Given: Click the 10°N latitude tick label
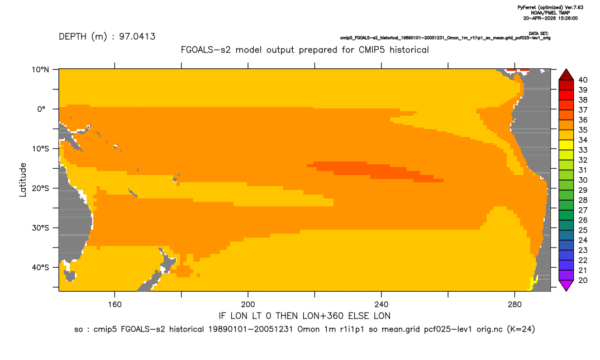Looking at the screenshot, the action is point(40,70).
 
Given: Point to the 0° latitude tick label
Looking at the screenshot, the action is point(42,109).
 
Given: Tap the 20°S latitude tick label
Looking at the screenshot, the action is point(40,188).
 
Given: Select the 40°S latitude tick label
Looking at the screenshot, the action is point(40,267).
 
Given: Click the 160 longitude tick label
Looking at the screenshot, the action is point(115,305).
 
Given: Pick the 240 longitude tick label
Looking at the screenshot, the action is point(382,305).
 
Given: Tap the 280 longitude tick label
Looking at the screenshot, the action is point(515,305).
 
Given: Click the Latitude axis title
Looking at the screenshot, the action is point(23,180).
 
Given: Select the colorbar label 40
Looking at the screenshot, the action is point(583,80).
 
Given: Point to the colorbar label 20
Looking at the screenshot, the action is point(583,280).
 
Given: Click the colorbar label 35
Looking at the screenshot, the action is point(583,130).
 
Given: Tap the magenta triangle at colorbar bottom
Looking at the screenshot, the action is point(566,286).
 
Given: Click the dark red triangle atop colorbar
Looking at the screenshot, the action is point(566,75).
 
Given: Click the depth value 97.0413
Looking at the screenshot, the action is point(137,37).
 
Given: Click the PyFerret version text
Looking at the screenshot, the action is point(550,7).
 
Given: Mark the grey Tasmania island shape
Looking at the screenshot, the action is point(70,276).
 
